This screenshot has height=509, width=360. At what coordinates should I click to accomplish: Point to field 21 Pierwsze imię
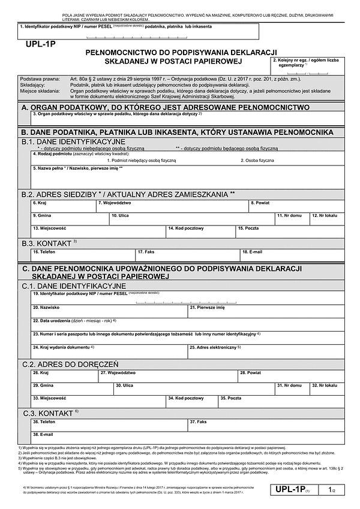266,310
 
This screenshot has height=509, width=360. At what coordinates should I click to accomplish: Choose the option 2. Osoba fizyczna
258,161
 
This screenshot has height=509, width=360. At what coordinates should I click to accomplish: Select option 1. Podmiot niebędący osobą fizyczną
142,161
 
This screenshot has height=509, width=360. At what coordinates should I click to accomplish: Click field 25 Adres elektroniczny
266,350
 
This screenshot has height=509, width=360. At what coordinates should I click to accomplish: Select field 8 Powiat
296,206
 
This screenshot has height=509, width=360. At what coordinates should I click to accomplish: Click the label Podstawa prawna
40,79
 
